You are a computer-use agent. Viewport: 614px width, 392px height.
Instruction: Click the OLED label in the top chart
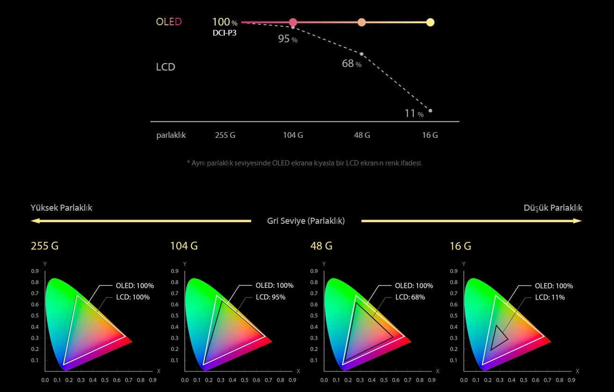click(x=169, y=22)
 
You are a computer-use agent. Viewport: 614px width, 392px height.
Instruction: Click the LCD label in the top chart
click(x=166, y=67)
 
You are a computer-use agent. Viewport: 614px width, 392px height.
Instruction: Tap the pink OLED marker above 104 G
click(x=293, y=22)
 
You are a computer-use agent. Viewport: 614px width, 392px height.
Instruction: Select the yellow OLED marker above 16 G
click(x=430, y=22)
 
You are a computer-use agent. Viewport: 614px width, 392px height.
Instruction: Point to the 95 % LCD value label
click(x=287, y=39)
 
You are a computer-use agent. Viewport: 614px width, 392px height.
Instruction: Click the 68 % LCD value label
click(x=351, y=64)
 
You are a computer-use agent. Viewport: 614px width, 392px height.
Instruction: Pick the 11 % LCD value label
click(x=414, y=114)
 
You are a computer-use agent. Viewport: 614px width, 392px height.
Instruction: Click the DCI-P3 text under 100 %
click(x=224, y=33)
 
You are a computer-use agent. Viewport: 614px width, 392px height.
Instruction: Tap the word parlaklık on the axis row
click(x=171, y=135)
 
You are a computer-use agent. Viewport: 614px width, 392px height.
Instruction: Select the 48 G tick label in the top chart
click(x=362, y=135)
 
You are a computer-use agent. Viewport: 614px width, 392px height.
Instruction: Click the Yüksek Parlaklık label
click(x=61, y=208)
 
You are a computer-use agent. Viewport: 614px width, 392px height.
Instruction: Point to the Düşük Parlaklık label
click(x=553, y=208)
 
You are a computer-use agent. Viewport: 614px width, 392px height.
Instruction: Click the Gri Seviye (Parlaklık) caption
click(x=306, y=221)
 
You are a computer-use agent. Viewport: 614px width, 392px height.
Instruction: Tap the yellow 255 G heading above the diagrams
click(x=45, y=246)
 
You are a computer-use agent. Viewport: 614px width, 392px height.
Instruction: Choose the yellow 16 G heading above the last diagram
click(x=460, y=246)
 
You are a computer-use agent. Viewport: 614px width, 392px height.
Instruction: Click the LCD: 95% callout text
click(x=270, y=297)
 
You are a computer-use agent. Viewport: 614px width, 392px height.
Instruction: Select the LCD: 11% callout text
click(x=550, y=297)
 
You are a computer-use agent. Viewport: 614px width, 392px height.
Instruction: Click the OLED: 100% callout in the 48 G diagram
click(x=414, y=285)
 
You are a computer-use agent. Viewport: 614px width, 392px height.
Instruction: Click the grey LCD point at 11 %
click(x=430, y=111)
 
